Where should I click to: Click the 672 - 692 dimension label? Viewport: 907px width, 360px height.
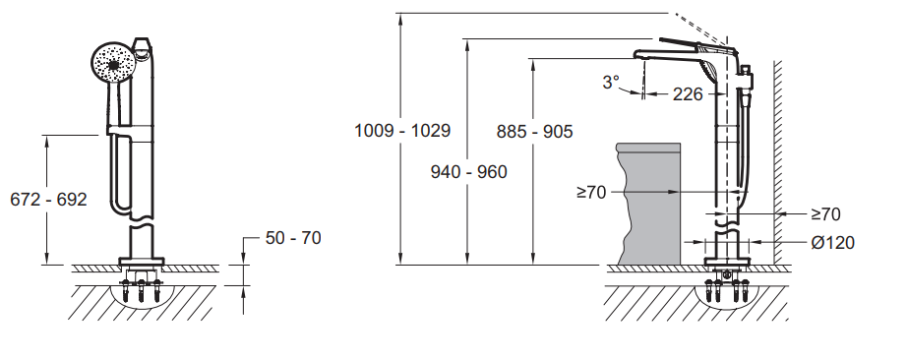pyautogui.click(x=48, y=199)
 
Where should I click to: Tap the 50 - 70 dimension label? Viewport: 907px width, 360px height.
pyautogui.click(x=293, y=238)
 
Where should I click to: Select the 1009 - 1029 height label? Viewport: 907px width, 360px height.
pyautogui.click(x=402, y=130)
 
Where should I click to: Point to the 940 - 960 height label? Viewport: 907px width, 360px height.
pyautogui.click(x=468, y=172)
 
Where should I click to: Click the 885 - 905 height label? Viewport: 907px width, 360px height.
pyautogui.click(x=534, y=132)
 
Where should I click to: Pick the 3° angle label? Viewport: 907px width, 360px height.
pyautogui.click(x=611, y=83)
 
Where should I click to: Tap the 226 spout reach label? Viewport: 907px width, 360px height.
pyautogui.click(x=688, y=93)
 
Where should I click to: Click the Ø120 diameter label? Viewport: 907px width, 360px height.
pyautogui.click(x=833, y=243)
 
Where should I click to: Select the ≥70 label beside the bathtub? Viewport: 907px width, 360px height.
pyautogui.click(x=592, y=192)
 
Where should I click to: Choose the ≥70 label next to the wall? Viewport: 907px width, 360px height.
pyautogui.click(x=825, y=214)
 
